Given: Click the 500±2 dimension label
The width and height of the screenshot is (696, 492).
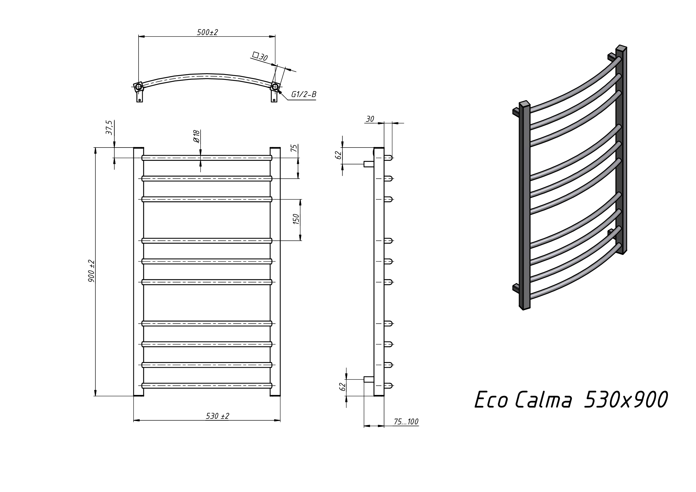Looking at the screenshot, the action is point(207,32).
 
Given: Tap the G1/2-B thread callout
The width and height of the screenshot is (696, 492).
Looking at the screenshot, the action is point(304,95).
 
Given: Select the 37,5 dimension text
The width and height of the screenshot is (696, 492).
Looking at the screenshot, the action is point(109,128).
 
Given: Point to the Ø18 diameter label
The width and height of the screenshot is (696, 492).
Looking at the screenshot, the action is point(196,136).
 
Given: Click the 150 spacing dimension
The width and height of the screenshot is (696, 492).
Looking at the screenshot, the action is point(296,219).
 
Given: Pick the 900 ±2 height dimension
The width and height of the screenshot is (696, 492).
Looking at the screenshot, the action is point(91,271).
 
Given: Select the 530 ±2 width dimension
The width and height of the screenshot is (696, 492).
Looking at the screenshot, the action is point(217,416).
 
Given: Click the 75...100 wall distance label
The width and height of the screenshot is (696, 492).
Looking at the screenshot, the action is point(406,422).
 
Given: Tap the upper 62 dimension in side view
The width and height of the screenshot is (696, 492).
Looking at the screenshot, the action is point(339,155).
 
